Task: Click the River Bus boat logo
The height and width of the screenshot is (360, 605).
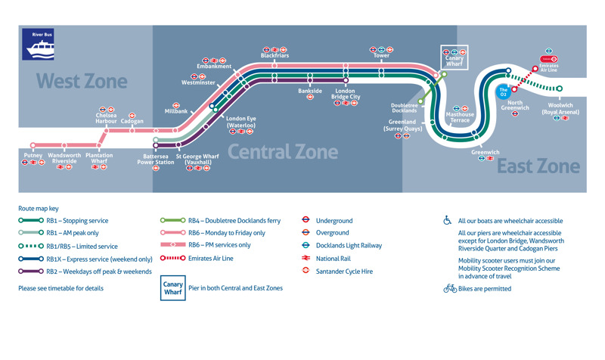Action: click(39, 45)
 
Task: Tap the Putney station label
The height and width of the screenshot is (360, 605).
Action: click(33, 155)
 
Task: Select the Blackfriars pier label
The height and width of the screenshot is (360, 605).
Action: click(275, 56)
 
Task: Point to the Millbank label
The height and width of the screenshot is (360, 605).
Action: click(175, 112)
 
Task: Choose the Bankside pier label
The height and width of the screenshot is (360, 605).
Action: click(310, 91)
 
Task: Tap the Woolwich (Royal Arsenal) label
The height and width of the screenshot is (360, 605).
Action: click(560, 109)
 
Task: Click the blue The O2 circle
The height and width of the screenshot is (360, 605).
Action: click(504, 92)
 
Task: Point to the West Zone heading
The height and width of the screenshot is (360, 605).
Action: click(82, 80)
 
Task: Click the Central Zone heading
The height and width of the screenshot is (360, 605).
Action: click(282, 152)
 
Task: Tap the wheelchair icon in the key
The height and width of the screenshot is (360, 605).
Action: click(448, 221)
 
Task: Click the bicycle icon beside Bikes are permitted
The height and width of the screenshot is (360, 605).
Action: click(449, 289)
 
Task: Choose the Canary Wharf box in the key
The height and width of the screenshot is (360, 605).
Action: click(173, 288)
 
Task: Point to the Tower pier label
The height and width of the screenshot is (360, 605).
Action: click(381, 56)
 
